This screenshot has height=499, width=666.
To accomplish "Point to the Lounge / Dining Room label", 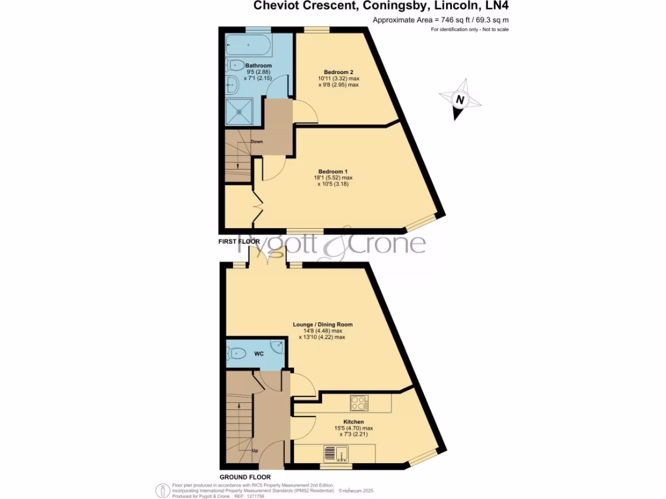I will [323, 324].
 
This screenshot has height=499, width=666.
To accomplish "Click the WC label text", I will [259, 354].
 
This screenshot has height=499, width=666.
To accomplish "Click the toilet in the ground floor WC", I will [235, 354].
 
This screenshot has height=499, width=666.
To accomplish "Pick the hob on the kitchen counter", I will [358, 403].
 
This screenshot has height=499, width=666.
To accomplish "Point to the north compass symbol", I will [460, 100].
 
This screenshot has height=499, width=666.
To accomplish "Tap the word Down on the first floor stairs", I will [257, 141].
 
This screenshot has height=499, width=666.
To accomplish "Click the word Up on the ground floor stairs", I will [254, 450].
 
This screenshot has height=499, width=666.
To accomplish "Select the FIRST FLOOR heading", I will [239, 242].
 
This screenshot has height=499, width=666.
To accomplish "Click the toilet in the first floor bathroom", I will [235, 65].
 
